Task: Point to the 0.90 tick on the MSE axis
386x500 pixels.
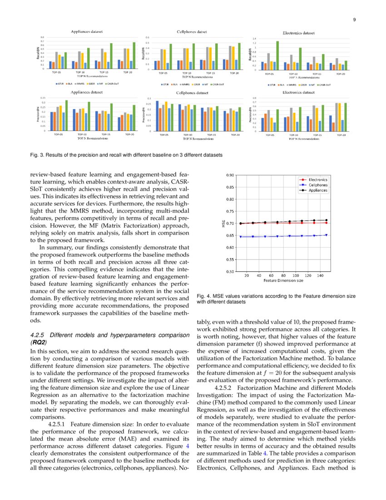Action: click(230, 175)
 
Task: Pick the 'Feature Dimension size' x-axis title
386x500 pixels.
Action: click(283, 281)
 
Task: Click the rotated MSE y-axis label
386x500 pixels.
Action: click(223, 223)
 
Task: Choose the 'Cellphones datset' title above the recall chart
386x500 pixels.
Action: click(192, 32)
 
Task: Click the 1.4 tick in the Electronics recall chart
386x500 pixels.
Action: click(255, 39)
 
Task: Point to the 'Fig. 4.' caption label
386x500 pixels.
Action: click(203, 296)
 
